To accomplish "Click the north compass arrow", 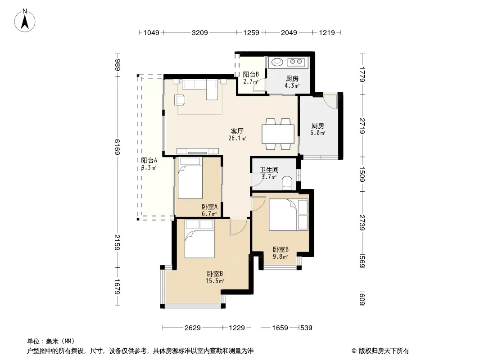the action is coord(25,22).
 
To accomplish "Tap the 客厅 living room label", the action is coord(237,131).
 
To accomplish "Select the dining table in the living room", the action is coord(278,134).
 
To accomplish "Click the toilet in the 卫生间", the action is coord(287,182).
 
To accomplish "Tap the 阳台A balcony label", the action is coord(149,160).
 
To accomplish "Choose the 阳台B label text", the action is coord(251,74).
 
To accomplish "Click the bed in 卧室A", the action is coord(190,178).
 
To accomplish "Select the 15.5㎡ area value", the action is coord(215,281).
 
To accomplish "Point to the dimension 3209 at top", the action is coord(199,32).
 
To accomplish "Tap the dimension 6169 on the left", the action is coord(117,147).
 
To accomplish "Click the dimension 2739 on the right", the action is coord(362,223).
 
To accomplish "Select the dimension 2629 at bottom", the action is coord(193,328).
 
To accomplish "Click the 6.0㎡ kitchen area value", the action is coord(317,133).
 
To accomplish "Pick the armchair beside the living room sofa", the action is coord(180,100).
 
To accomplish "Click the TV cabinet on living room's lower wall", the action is coord(198,151).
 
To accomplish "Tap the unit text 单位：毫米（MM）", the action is coord(51,341).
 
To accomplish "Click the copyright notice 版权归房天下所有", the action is coord(384,351).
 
